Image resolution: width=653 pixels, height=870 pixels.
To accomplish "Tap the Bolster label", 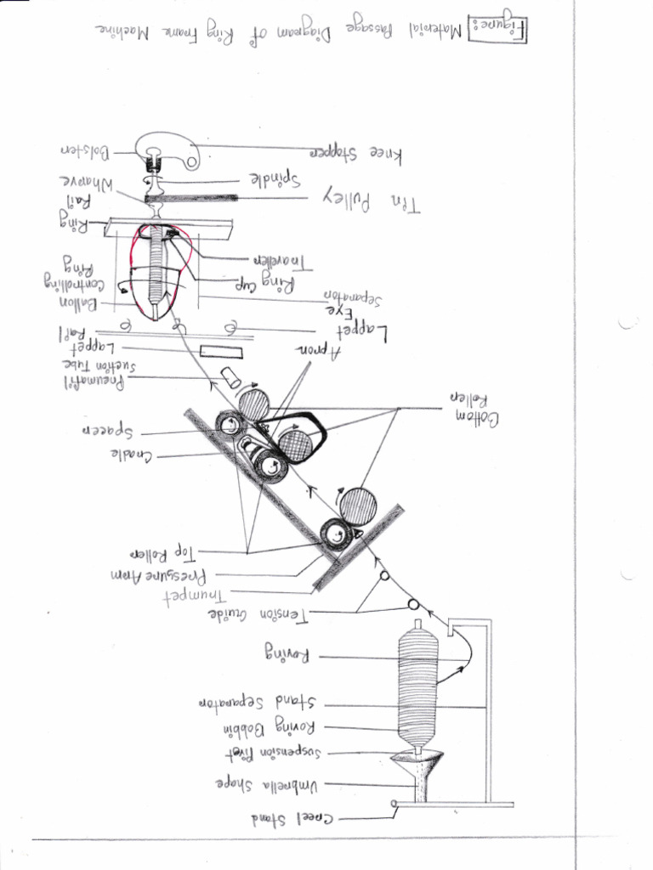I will coord(84,151).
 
